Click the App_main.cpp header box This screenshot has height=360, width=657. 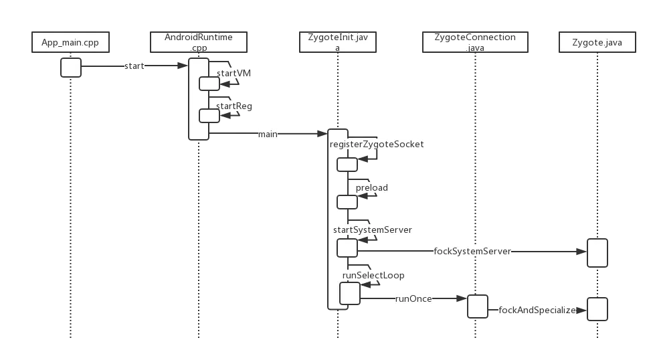tap(70, 43)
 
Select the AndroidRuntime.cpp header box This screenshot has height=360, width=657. tap(199, 42)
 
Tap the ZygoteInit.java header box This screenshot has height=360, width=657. tap(338, 42)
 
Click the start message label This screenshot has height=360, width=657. tap(133, 66)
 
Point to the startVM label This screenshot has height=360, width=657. tap(233, 73)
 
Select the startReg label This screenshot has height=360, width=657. tap(233, 106)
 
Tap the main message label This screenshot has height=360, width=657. tap(268, 134)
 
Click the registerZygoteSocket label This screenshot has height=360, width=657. tap(377, 144)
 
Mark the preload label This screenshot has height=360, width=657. tap(371, 187)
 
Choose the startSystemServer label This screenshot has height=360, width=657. tap(372, 230)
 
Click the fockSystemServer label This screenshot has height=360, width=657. tap(473, 252)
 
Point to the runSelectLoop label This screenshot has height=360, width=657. tap(373, 275)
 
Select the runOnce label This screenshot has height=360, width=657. tap(413, 299)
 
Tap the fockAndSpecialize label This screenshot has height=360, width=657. tap(537, 310)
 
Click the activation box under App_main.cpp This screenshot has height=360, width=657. tap(71, 68)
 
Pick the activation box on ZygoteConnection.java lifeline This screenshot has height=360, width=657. tap(477, 306)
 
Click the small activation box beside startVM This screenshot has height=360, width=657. tap(209, 83)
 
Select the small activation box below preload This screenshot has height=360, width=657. tap(347, 201)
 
